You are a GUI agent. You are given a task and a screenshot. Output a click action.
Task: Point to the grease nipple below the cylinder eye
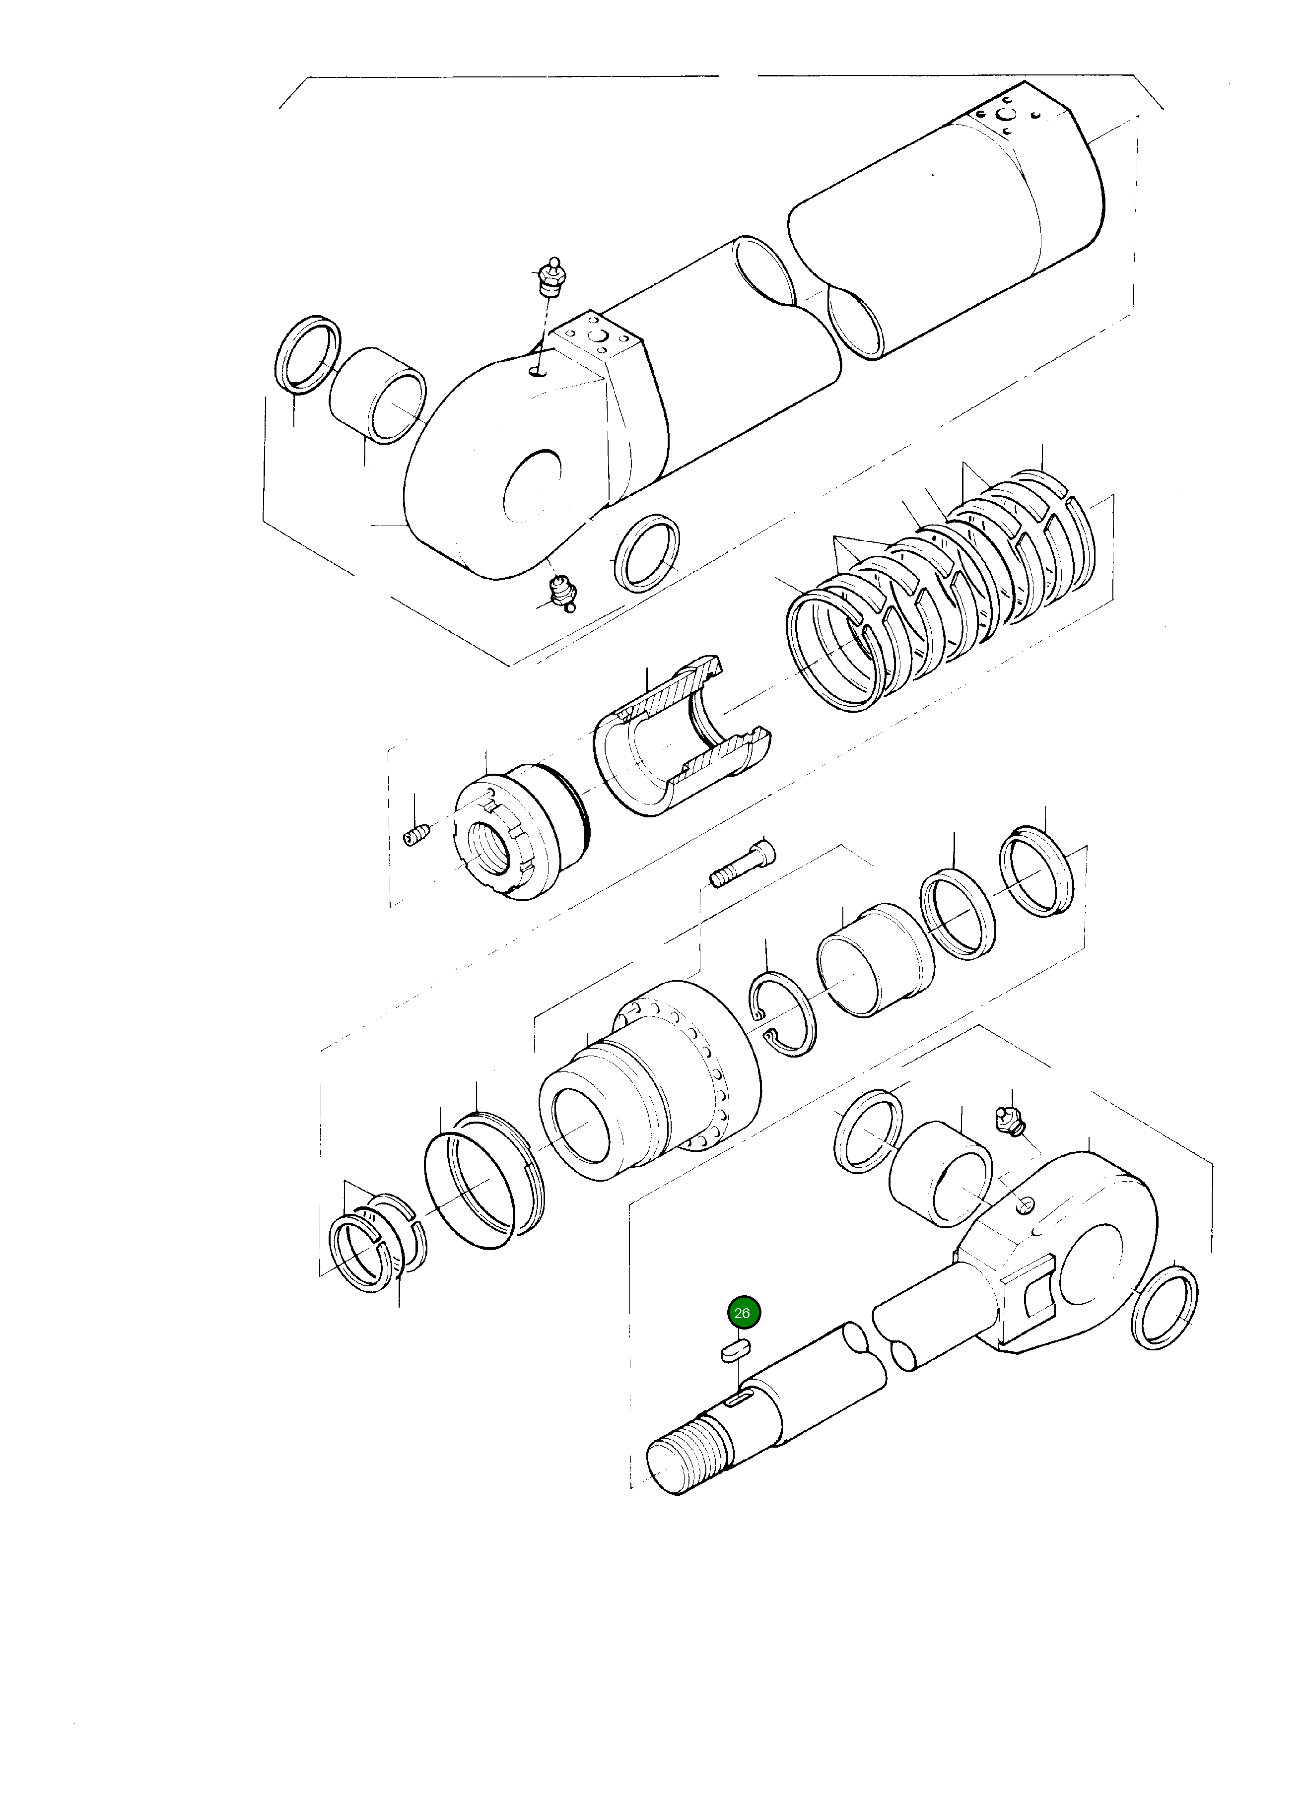[563, 594]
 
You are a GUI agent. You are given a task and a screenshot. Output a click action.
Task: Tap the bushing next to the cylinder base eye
[378, 394]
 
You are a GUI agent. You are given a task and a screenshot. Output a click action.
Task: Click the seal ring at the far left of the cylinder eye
[308, 353]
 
